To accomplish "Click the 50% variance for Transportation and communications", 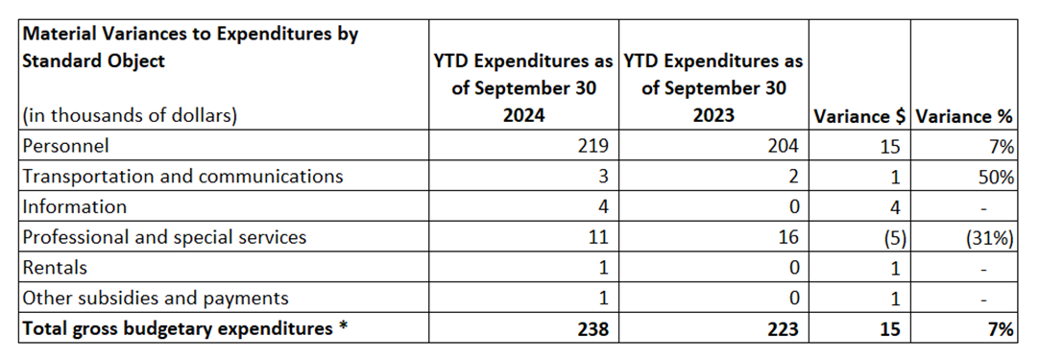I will [x=997, y=177].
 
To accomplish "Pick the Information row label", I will [x=74, y=206].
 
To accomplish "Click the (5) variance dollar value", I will [x=889, y=237].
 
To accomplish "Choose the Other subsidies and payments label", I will [x=155, y=298].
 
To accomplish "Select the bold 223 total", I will [x=787, y=328].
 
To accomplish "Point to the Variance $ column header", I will [x=859, y=116].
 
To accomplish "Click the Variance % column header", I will [x=965, y=116].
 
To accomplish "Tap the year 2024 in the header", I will [x=522, y=116].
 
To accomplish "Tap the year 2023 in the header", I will [x=713, y=116].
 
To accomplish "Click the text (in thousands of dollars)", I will [x=130, y=116].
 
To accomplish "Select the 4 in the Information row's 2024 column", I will [x=606, y=206].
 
